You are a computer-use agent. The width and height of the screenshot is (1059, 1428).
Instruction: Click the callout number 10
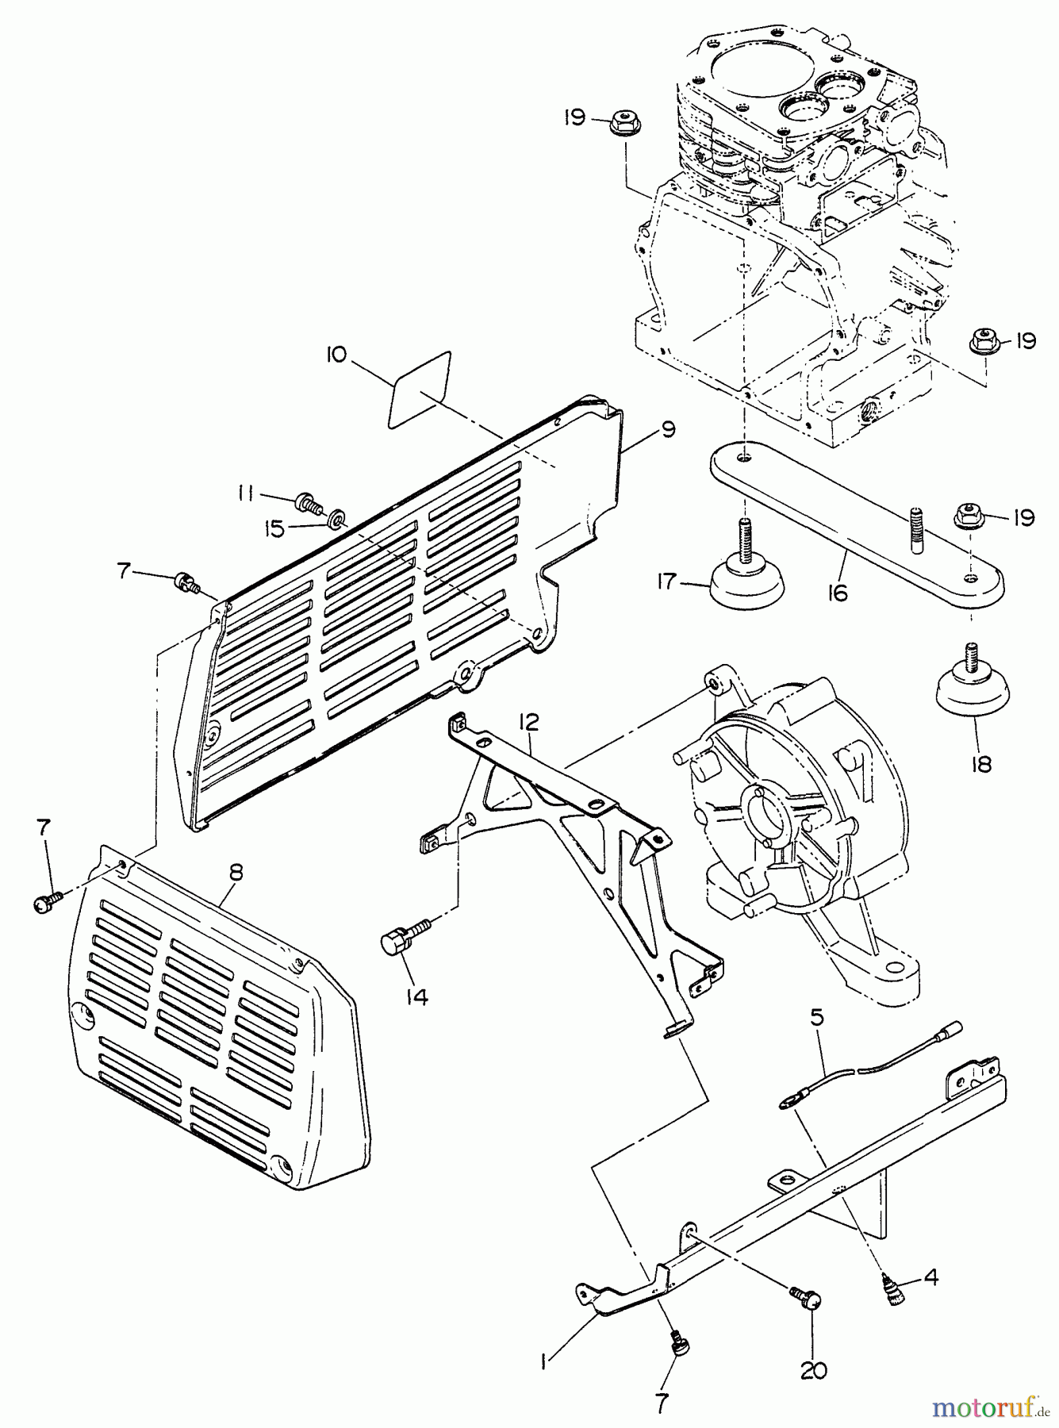[336, 355]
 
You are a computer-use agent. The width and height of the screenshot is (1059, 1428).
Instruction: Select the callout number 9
[667, 429]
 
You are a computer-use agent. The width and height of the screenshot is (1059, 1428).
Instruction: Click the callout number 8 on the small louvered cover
[235, 872]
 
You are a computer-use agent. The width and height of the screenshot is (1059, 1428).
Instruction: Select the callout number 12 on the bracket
[529, 722]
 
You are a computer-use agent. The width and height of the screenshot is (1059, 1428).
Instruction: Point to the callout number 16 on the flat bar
[838, 592]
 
